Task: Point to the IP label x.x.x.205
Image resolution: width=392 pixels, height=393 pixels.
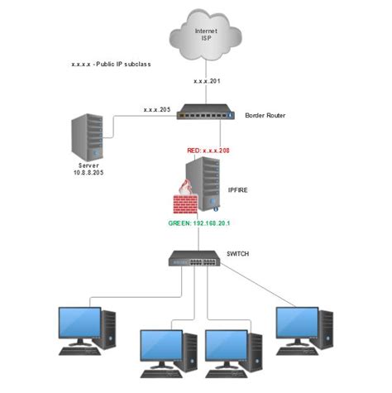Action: click(x=157, y=109)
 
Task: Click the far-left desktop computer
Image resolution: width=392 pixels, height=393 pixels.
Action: click(x=86, y=328)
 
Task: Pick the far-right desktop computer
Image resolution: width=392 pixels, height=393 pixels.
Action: click(x=304, y=328)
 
